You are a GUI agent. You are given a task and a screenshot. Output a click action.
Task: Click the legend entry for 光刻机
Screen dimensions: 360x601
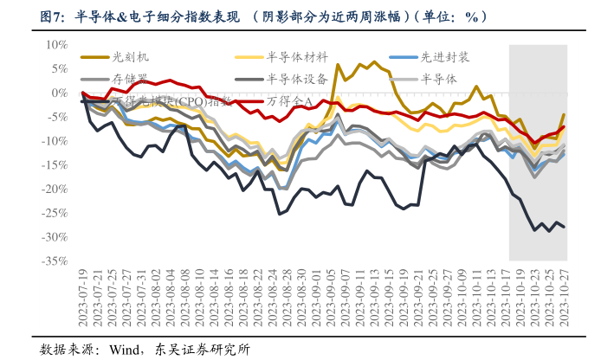click(x=131, y=57)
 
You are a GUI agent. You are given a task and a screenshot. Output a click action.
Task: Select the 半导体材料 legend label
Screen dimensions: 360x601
click(x=296, y=57)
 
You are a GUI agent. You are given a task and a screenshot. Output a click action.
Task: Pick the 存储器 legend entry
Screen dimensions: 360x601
click(x=130, y=79)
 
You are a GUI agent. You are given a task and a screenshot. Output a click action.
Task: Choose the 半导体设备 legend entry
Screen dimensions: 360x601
click(x=296, y=79)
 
